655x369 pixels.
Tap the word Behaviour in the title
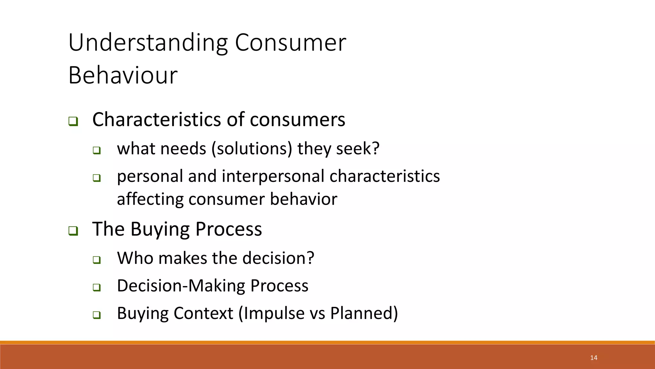click(x=123, y=75)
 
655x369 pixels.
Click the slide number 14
click(x=594, y=358)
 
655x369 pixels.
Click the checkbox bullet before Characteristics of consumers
click(x=73, y=122)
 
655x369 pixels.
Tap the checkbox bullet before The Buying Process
click(x=73, y=231)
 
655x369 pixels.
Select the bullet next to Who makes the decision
click(x=97, y=260)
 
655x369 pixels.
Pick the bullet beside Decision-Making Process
click(x=97, y=287)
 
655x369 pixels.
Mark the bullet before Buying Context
click(x=97, y=315)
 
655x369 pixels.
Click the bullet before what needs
click(x=97, y=150)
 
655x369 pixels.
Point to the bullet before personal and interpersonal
click(x=97, y=178)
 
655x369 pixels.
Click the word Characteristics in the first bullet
click(x=156, y=119)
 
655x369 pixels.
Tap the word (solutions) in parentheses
click(x=252, y=149)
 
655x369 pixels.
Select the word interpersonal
click(x=273, y=176)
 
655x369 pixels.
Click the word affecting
click(x=150, y=199)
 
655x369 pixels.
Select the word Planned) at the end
click(x=364, y=313)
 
